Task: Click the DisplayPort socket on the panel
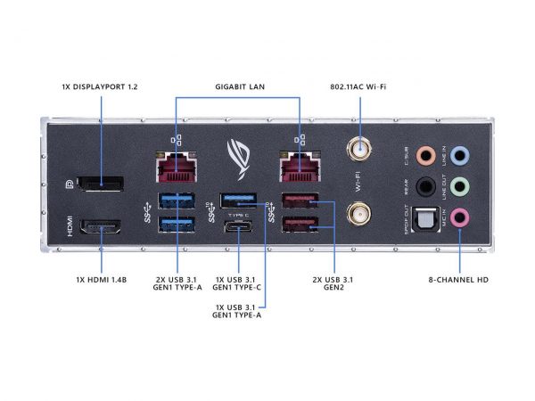pyautogui.click(x=100, y=183)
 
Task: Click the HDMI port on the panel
pyautogui.click(x=101, y=228)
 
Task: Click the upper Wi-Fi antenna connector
pyautogui.click(x=360, y=151)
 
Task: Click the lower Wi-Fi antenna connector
pyautogui.click(x=360, y=214)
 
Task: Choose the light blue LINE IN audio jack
pyautogui.click(x=459, y=155)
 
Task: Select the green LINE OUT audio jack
pyautogui.click(x=459, y=186)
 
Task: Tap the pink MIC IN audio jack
pyautogui.click(x=459, y=217)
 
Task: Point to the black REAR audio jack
pyautogui.click(x=428, y=186)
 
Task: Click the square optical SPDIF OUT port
pyautogui.click(x=428, y=217)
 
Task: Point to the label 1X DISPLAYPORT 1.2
pyautogui.click(x=100, y=86)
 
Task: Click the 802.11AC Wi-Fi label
pyautogui.click(x=360, y=86)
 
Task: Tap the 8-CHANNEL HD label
pyautogui.click(x=458, y=280)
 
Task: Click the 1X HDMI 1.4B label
pyautogui.click(x=101, y=280)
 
